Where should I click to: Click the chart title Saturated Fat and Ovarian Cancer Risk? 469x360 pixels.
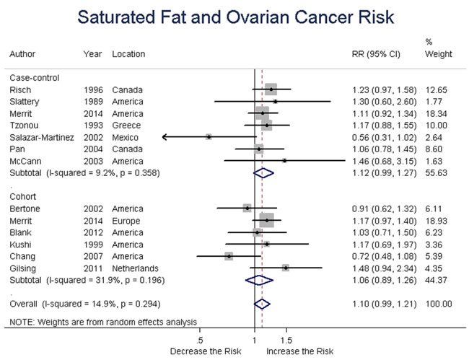coord(236,17)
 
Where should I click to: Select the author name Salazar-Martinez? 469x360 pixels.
coord(42,137)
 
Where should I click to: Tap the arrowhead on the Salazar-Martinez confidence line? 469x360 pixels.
coord(164,137)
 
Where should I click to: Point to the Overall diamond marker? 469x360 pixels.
coord(262,304)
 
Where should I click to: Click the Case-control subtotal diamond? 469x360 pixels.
coord(263,173)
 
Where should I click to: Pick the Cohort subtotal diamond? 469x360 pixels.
coord(259,280)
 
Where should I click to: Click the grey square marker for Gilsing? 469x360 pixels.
coord(286,268)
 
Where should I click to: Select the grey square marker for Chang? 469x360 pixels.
coord(229,256)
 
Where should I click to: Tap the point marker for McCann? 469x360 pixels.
coord(284,161)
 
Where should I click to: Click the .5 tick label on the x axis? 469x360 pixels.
coord(199,341)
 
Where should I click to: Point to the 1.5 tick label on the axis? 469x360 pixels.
coord(286,341)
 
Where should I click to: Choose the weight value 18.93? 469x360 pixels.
coord(436,221)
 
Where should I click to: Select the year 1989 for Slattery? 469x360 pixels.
coord(93,102)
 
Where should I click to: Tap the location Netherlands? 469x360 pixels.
coord(135,268)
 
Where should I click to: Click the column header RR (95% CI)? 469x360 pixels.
coord(376,54)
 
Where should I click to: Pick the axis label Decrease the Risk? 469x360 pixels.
coord(206,351)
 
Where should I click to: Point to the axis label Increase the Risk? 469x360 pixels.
coord(299,351)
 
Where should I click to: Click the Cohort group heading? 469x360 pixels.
coord(23,196)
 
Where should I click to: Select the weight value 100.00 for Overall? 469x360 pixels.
coord(439,304)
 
